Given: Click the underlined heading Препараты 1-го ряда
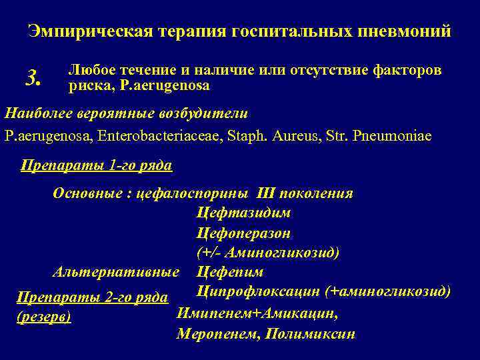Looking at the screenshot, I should pyautogui.click(x=97, y=165).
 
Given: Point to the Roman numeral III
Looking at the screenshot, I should pyautogui.click(x=265, y=194).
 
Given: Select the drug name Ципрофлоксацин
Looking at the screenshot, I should pyautogui.click(x=258, y=291).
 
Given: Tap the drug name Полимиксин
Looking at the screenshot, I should pyautogui.click(x=310, y=333).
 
